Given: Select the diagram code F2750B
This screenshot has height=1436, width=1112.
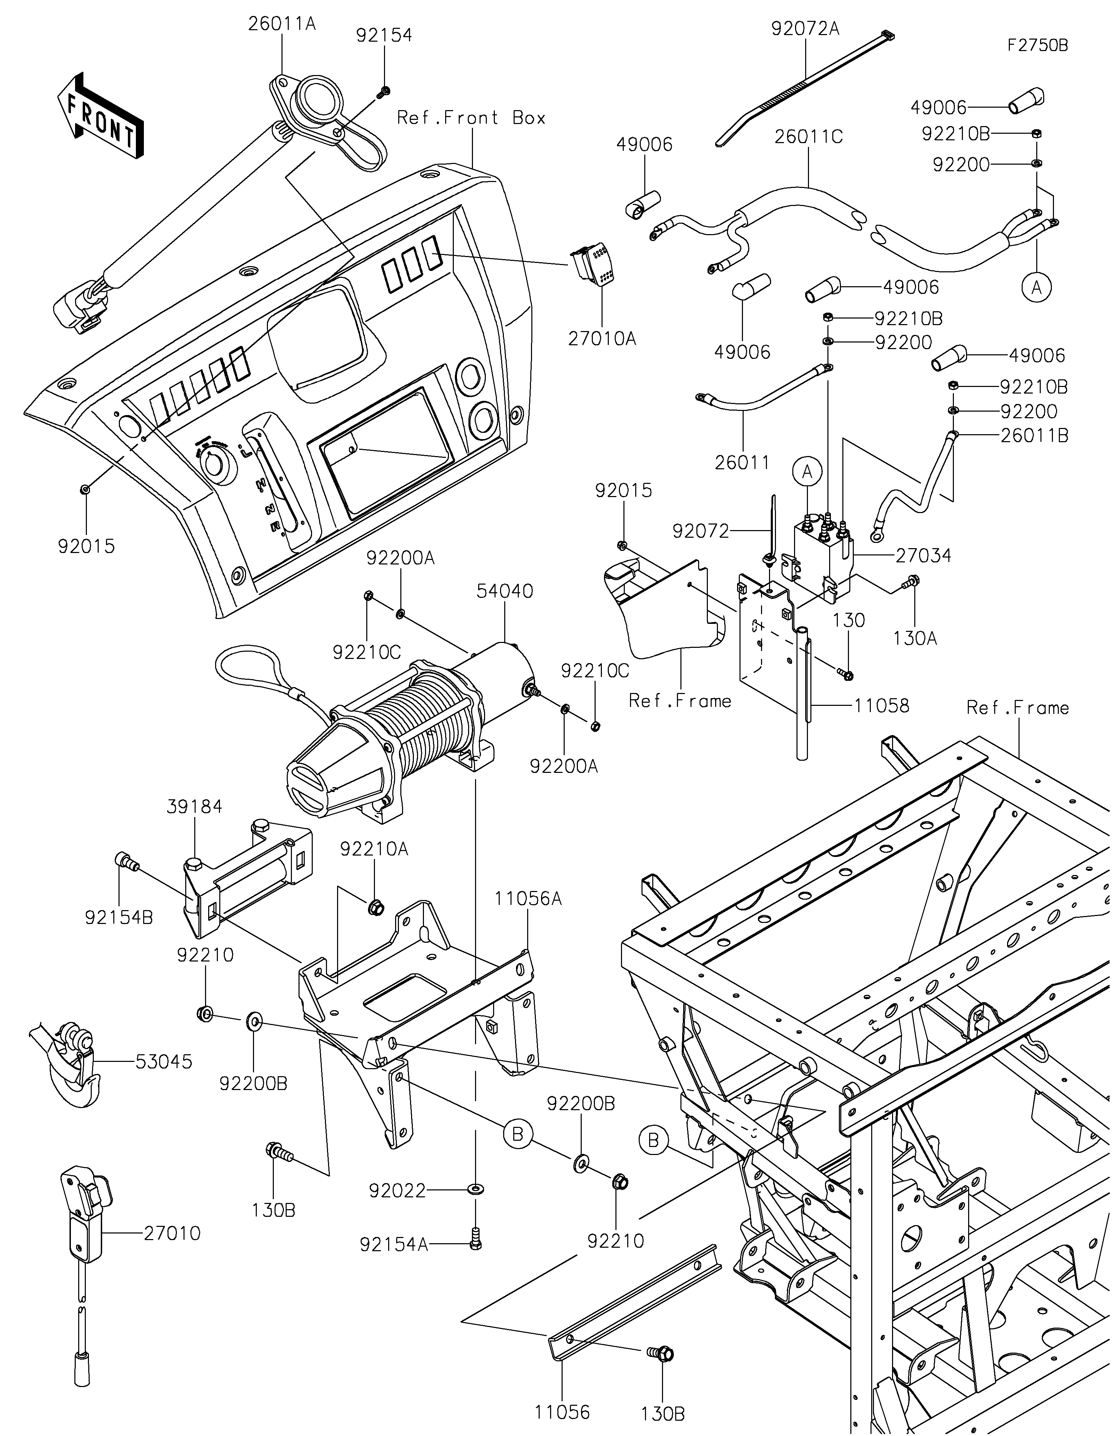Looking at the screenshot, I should point(1038,46).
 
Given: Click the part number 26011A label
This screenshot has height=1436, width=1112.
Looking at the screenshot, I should point(281,24).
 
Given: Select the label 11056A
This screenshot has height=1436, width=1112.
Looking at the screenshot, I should point(528,898).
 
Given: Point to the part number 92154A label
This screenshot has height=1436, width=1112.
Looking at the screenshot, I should point(393,1245).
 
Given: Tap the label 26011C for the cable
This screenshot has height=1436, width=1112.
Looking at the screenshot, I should point(808,137).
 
